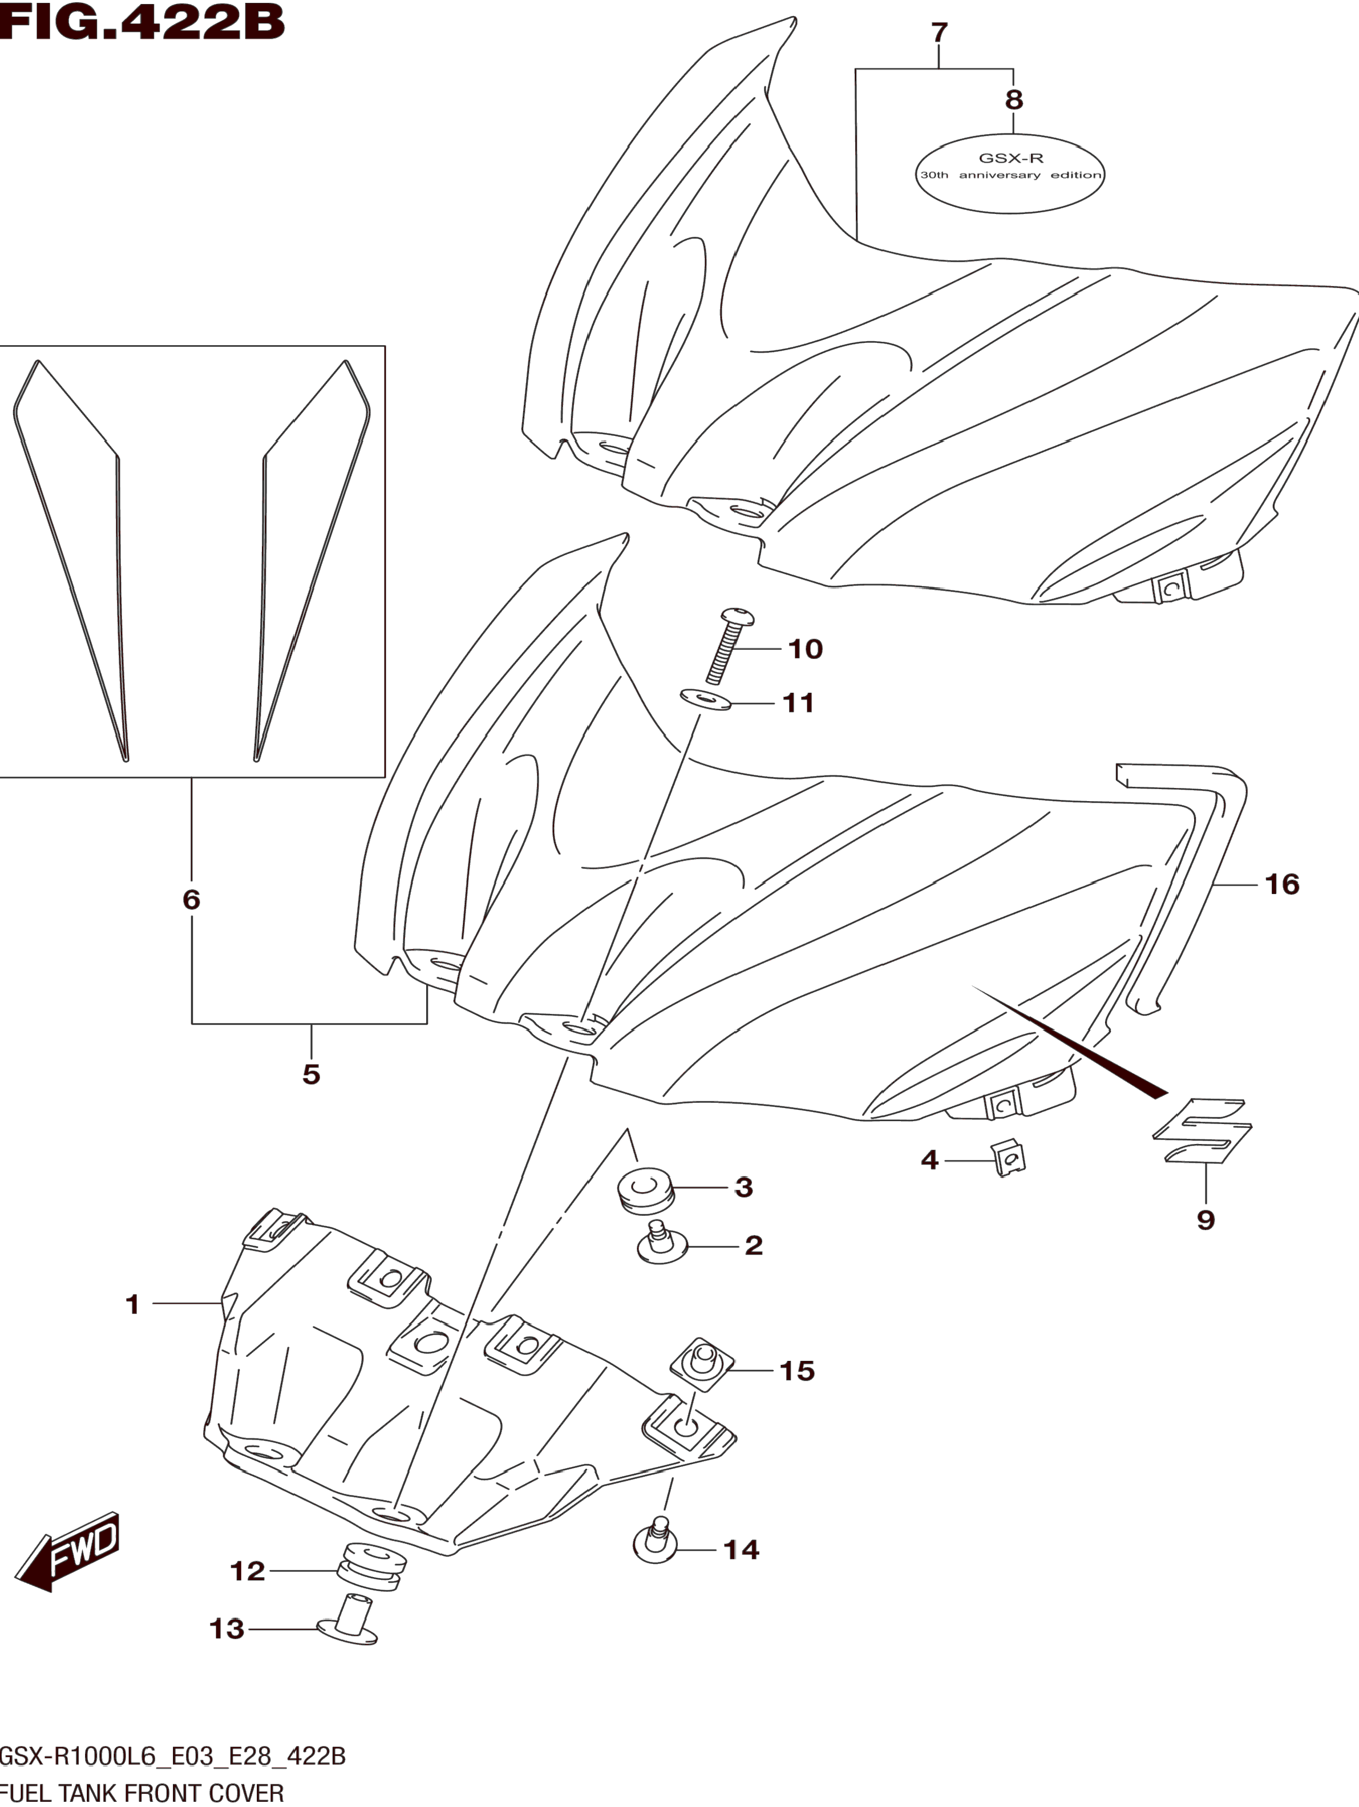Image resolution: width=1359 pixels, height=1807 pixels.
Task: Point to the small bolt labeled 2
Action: [661, 1246]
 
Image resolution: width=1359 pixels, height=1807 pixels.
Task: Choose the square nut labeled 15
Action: [702, 1364]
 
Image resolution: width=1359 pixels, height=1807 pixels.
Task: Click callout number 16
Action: [1281, 884]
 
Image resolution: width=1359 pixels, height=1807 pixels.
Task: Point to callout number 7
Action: [939, 33]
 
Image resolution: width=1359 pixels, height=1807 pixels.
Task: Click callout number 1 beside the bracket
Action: [132, 1304]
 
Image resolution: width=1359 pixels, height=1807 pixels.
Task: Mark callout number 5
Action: [311, 1073]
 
